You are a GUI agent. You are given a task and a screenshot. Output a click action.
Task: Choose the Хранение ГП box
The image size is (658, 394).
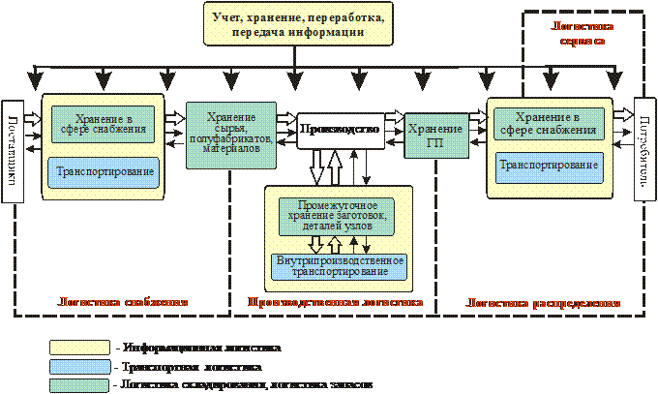429,136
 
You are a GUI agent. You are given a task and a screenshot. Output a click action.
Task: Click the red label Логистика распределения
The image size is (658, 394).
543,303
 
